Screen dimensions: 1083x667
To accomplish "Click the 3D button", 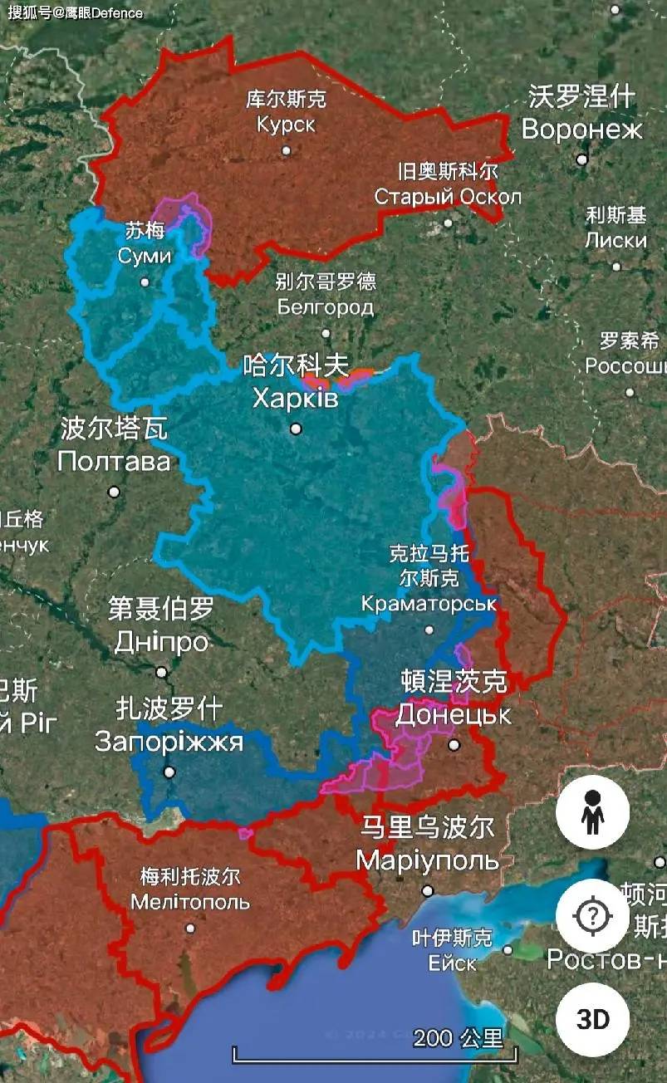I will pyautogui.click(x=592, y=1019).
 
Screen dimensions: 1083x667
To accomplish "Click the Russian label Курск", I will pyautogui.click(x=286, y=125).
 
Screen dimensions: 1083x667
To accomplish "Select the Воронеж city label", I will pyautogui.click(x=581, y=130).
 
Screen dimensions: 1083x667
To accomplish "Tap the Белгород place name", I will pyautogui.click(x=326, y=308).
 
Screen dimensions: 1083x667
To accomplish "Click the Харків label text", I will pyautogui.click(x=296, y=399).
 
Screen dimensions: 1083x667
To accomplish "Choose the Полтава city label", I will pyautogui.click(x=114, y=461).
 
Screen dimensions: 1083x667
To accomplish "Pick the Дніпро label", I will pyautogui.click(x=161, y=642).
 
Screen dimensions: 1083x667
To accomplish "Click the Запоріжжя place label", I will pyautogui.click(x=169, y=741).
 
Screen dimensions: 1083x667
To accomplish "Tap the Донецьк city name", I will pyautogui.click(x=454, y=714).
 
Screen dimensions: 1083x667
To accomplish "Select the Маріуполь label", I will pyautogui.click(x=427, y=860).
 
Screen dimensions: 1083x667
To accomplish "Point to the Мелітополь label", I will pyautogui.click(x=190, y=901).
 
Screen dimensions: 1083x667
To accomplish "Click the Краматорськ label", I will pyautogui.click(x=429, y=604).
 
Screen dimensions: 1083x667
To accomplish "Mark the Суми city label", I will pyautogui.click(x=145, y=255).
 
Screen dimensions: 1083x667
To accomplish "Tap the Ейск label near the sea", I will pyautogui.click(x=452, y=963).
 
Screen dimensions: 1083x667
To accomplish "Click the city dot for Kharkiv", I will pyautogui.click(x=296, y=429).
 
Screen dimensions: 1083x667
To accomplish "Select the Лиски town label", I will pyautogui.click(x=616, y=241).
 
